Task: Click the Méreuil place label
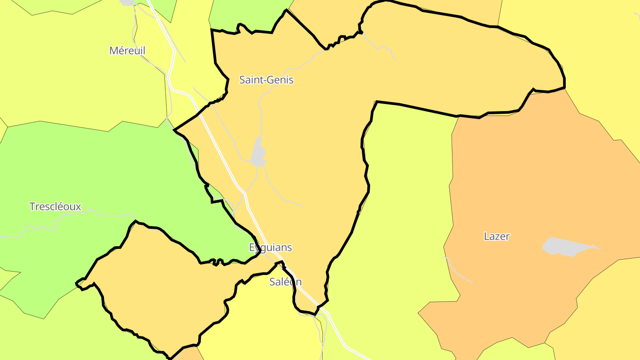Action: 127,51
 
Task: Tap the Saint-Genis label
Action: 266,80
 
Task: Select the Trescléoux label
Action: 55,207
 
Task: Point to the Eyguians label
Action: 270,248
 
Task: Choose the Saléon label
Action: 285,282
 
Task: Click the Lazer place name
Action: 496,236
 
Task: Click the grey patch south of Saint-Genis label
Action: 258,153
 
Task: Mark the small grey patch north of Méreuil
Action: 128,2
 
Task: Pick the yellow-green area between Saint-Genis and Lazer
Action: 400,200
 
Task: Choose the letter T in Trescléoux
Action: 32,207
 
